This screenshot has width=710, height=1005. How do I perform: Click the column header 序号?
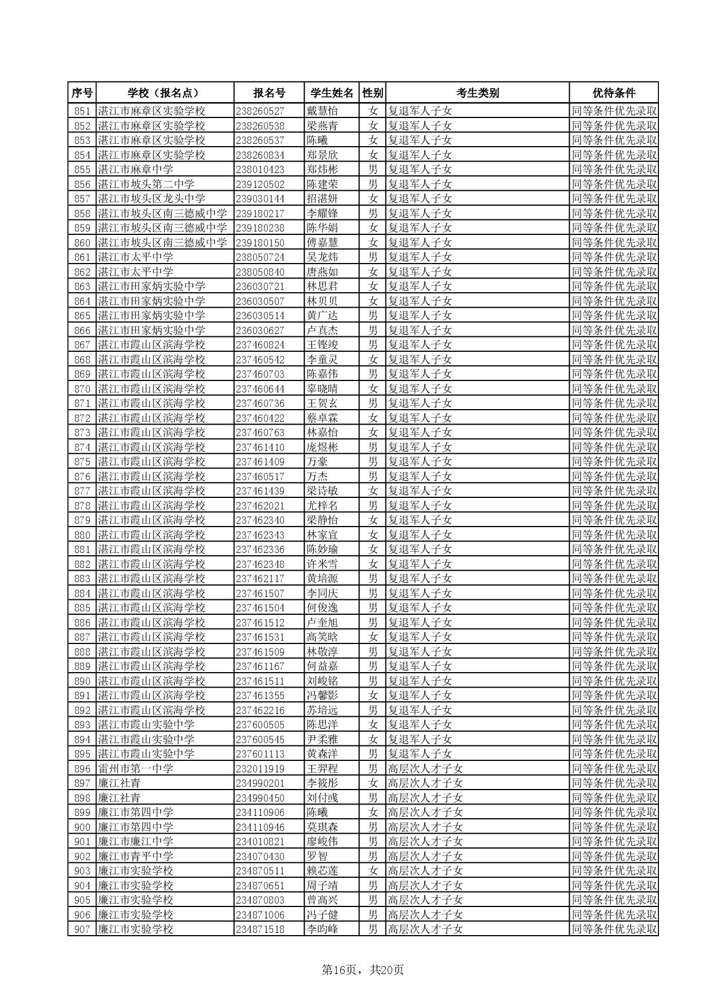[x=82, y=93]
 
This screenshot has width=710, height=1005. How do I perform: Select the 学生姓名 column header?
[x=332, y=93]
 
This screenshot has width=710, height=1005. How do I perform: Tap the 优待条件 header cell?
[x=613, y=93]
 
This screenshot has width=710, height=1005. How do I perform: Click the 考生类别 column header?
[x=478, y=93]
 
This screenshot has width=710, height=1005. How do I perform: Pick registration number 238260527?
[x=260, y=111]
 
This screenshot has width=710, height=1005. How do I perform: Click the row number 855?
[x=82, y=170]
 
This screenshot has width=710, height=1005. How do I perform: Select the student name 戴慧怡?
[x=322, y=111]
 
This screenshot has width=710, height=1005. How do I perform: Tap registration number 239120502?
[x=260, y=184]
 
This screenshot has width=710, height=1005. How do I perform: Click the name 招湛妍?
[x=322, y=199]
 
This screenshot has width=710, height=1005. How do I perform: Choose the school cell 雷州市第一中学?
[x=136, y=769]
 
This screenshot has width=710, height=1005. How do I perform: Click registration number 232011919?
[x=260, y=769]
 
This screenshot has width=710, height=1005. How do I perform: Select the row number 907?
[x=82, y=929]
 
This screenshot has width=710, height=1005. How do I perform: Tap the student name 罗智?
[x=317, y=857]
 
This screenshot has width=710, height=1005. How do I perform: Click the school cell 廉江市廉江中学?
[x=136, y=842]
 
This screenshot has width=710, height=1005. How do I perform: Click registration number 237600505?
[x=260, y=725]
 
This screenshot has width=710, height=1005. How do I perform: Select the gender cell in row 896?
[x=373, y=769]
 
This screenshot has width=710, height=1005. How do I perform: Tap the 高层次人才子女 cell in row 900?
[x=425, y=827]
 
